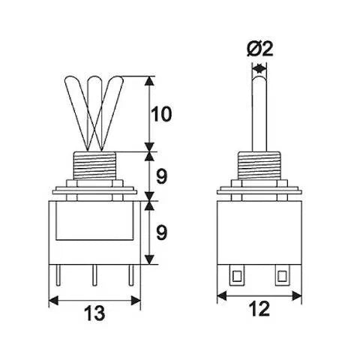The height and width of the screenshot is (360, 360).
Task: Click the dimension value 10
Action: [162, 114]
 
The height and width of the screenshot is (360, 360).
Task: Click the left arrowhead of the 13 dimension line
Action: [53, 300]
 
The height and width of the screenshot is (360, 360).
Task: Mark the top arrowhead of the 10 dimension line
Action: [153, 79]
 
